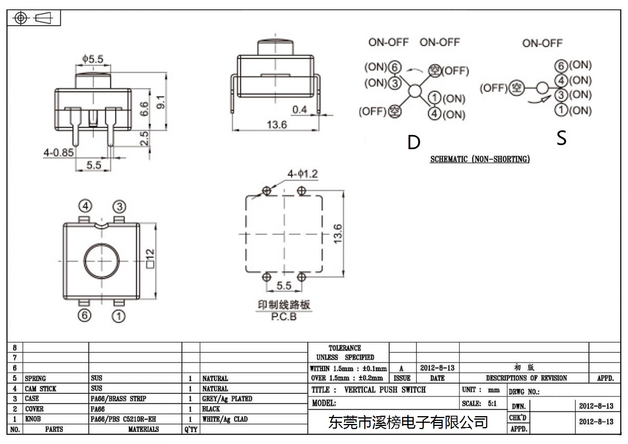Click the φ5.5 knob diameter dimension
pyautogui.click(x=93, y=59)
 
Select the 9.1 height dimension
pyautogui.click(x=161, y=102)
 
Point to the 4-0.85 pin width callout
pyautogui.click(x=58, y=153)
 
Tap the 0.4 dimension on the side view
pyautogui.click(x=299, y=110)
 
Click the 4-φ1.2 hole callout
pyautogui.click(x=303, y=174)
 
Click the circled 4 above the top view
pyautogui.click(x=85, y=206)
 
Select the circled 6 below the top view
pyautogui.click(x=84, y=316)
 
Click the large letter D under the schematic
pyautogui.click(x=414, y=142)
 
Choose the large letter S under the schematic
pyautogui.click(x=561, y=138)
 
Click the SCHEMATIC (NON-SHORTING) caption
pyautogui.click(x=480, y=159)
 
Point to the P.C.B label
pyautogui.click(x=284, y=316)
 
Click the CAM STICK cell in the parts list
pyautogui.click(x=41, y=389)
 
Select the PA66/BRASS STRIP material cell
pyautogui.click(x=118, y=398)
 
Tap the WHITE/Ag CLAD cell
pyautogui.click(x=225, y=419)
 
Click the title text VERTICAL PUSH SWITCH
pyautogui.click(x=385, y=390)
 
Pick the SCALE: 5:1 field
pyautogui.click(x=479, y=403)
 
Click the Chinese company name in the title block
pyautogui.click(x=408, y=422)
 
